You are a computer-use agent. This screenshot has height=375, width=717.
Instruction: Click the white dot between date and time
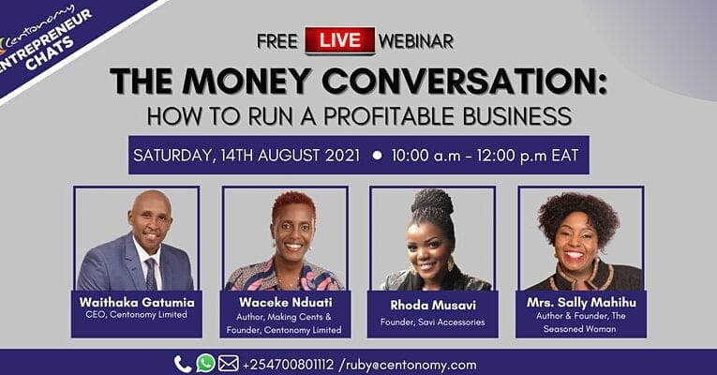[377, 156]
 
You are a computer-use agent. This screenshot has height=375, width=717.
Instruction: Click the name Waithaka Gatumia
[136, 301]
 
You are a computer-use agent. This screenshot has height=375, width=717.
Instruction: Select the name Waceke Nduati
[284, 301]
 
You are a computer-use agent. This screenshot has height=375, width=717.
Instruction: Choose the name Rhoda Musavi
[432, 305]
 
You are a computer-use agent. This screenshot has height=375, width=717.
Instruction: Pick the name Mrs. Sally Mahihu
[581, 301]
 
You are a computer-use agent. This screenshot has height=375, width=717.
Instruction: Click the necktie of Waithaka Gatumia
[150, 273]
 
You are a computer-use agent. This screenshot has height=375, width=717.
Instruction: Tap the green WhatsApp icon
[205, 364]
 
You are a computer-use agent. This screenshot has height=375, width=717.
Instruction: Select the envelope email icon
[229, 364]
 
